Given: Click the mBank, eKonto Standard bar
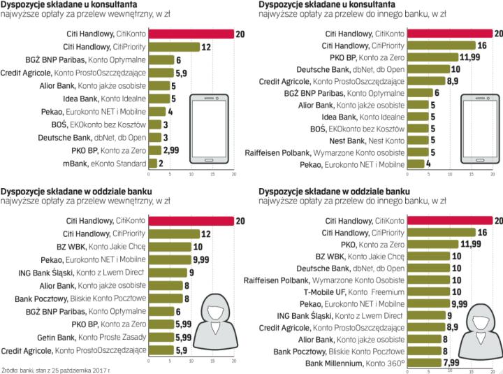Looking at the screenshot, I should coord(153,162).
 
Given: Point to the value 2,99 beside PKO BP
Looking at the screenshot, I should coord(171,150).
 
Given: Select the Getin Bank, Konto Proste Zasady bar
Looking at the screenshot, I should coord(161,337).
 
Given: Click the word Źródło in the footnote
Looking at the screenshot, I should coord(10,369).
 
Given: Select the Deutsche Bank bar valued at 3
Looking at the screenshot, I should coord(154,137).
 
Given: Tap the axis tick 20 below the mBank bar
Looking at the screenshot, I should coord(234,173).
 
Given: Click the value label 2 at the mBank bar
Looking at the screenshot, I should coord(161,162).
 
